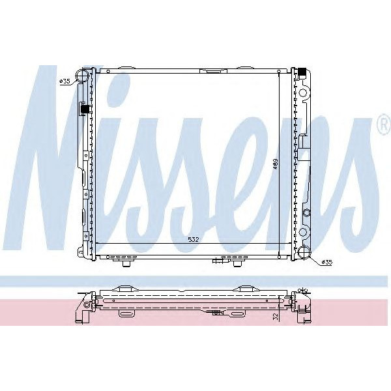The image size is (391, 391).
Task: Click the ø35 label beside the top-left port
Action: (x=66, y=81)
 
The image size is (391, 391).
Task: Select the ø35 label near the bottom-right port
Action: (x=326, y=262)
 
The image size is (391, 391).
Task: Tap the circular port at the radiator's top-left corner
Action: (x=83, y=76)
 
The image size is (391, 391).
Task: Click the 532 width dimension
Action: (x=193, y=240)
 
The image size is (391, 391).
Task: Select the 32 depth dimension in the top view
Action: (x=276, y=316)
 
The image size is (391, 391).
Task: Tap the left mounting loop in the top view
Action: (x=127, y=314)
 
